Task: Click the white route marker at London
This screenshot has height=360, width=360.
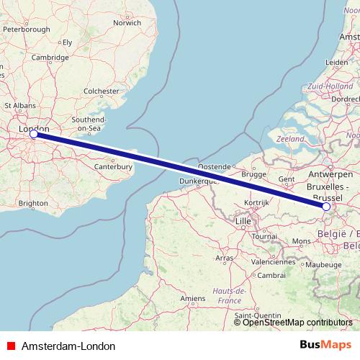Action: (33, 133)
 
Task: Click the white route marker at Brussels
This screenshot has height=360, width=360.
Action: (326, 207)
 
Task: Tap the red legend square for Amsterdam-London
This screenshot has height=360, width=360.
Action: (9, 346)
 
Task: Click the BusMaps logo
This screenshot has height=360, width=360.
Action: (325, 345)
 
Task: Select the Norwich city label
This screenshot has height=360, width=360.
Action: (127, 22)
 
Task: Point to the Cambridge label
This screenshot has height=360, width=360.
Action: (50, 58)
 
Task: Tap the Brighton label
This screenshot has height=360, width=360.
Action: (33, 204)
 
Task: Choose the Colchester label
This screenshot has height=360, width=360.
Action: (101, 91)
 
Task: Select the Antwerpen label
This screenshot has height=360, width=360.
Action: (329, 175)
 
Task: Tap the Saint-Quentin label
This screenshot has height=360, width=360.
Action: (257, 315)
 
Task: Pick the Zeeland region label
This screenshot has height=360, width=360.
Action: (290, 138)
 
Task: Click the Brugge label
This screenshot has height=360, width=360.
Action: (254, 174)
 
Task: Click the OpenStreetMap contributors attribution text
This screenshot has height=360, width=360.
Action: (298, 323)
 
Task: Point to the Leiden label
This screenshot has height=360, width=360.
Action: (338, 63)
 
